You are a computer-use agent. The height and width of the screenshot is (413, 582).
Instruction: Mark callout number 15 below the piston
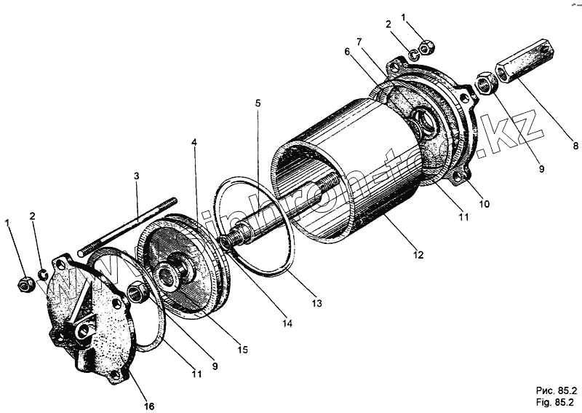243,350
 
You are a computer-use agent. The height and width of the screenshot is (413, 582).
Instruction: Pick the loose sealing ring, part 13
254,225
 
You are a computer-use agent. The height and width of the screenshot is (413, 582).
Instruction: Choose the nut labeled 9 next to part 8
485,83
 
